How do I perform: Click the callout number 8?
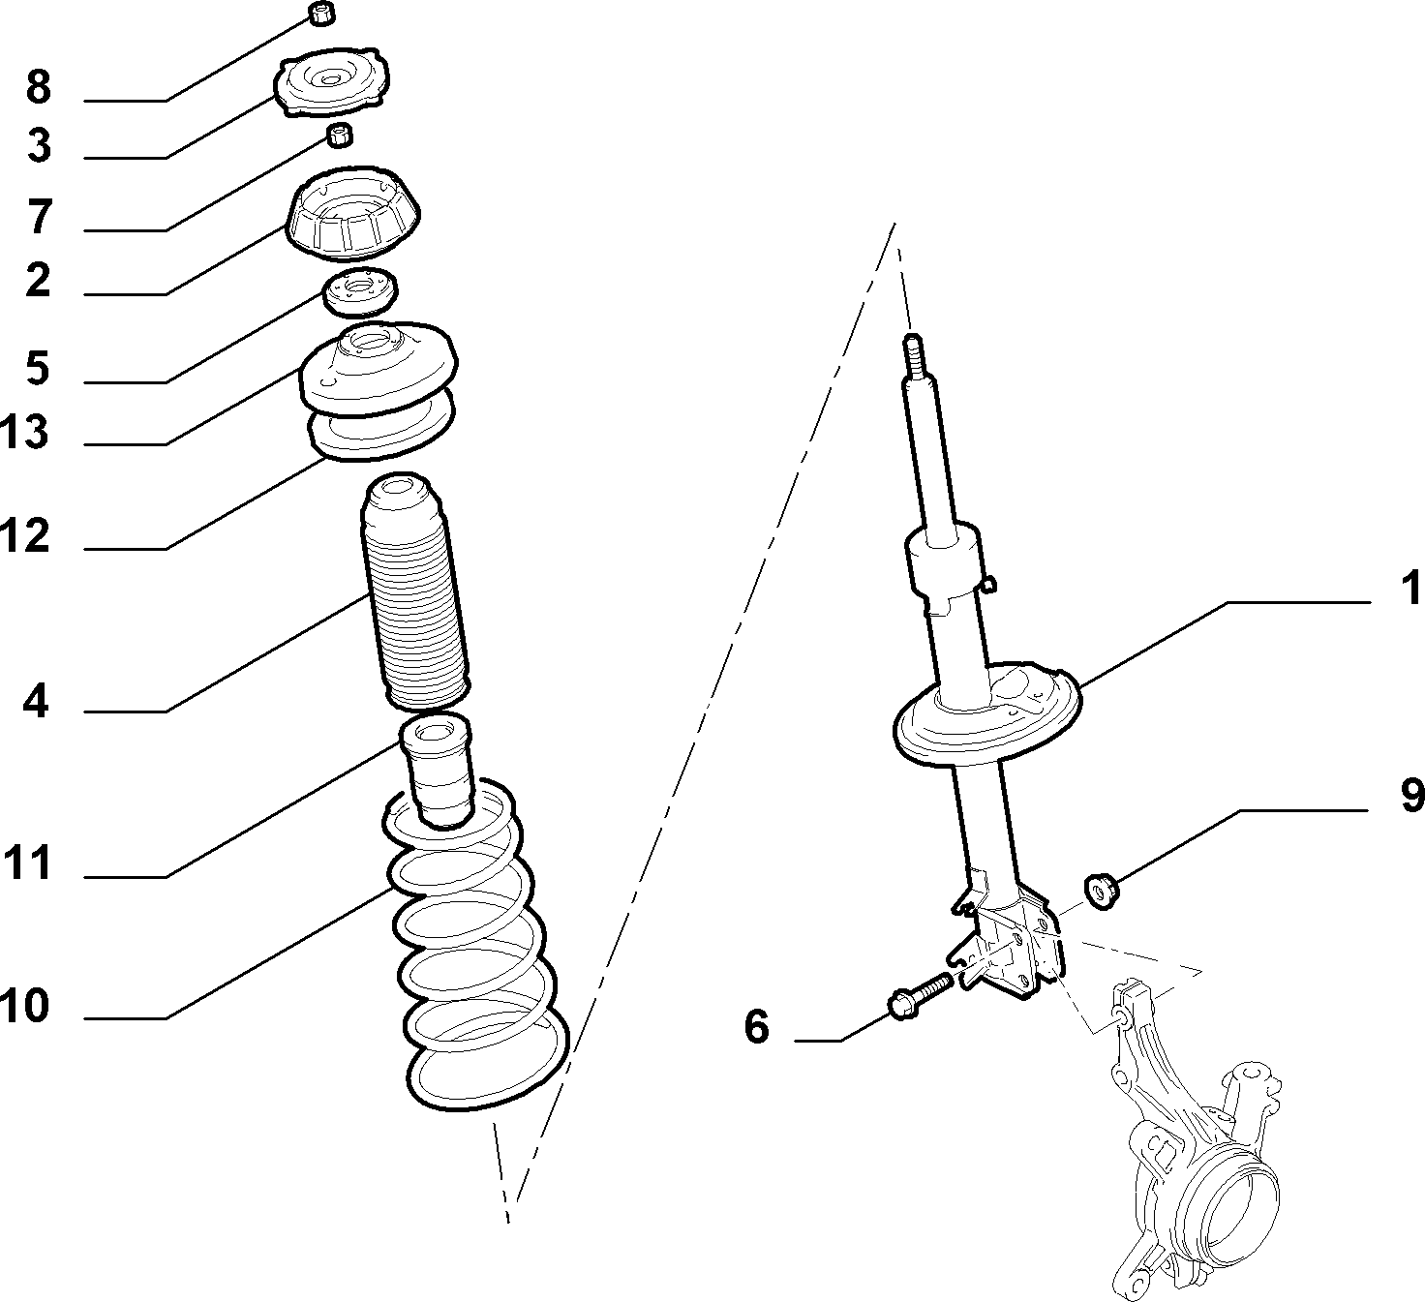[39, 87]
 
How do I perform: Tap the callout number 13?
[24, 432]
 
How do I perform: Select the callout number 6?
[756, 1026]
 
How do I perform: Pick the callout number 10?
[24, 1007]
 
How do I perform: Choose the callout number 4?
[36, 701]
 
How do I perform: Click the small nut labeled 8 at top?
[322, 14]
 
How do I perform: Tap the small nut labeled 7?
[340, 135]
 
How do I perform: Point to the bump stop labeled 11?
[438, 772]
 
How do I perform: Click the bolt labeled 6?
[920, 995]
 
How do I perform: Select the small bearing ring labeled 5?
[361, 291]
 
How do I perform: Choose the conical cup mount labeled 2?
[353, 214]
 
